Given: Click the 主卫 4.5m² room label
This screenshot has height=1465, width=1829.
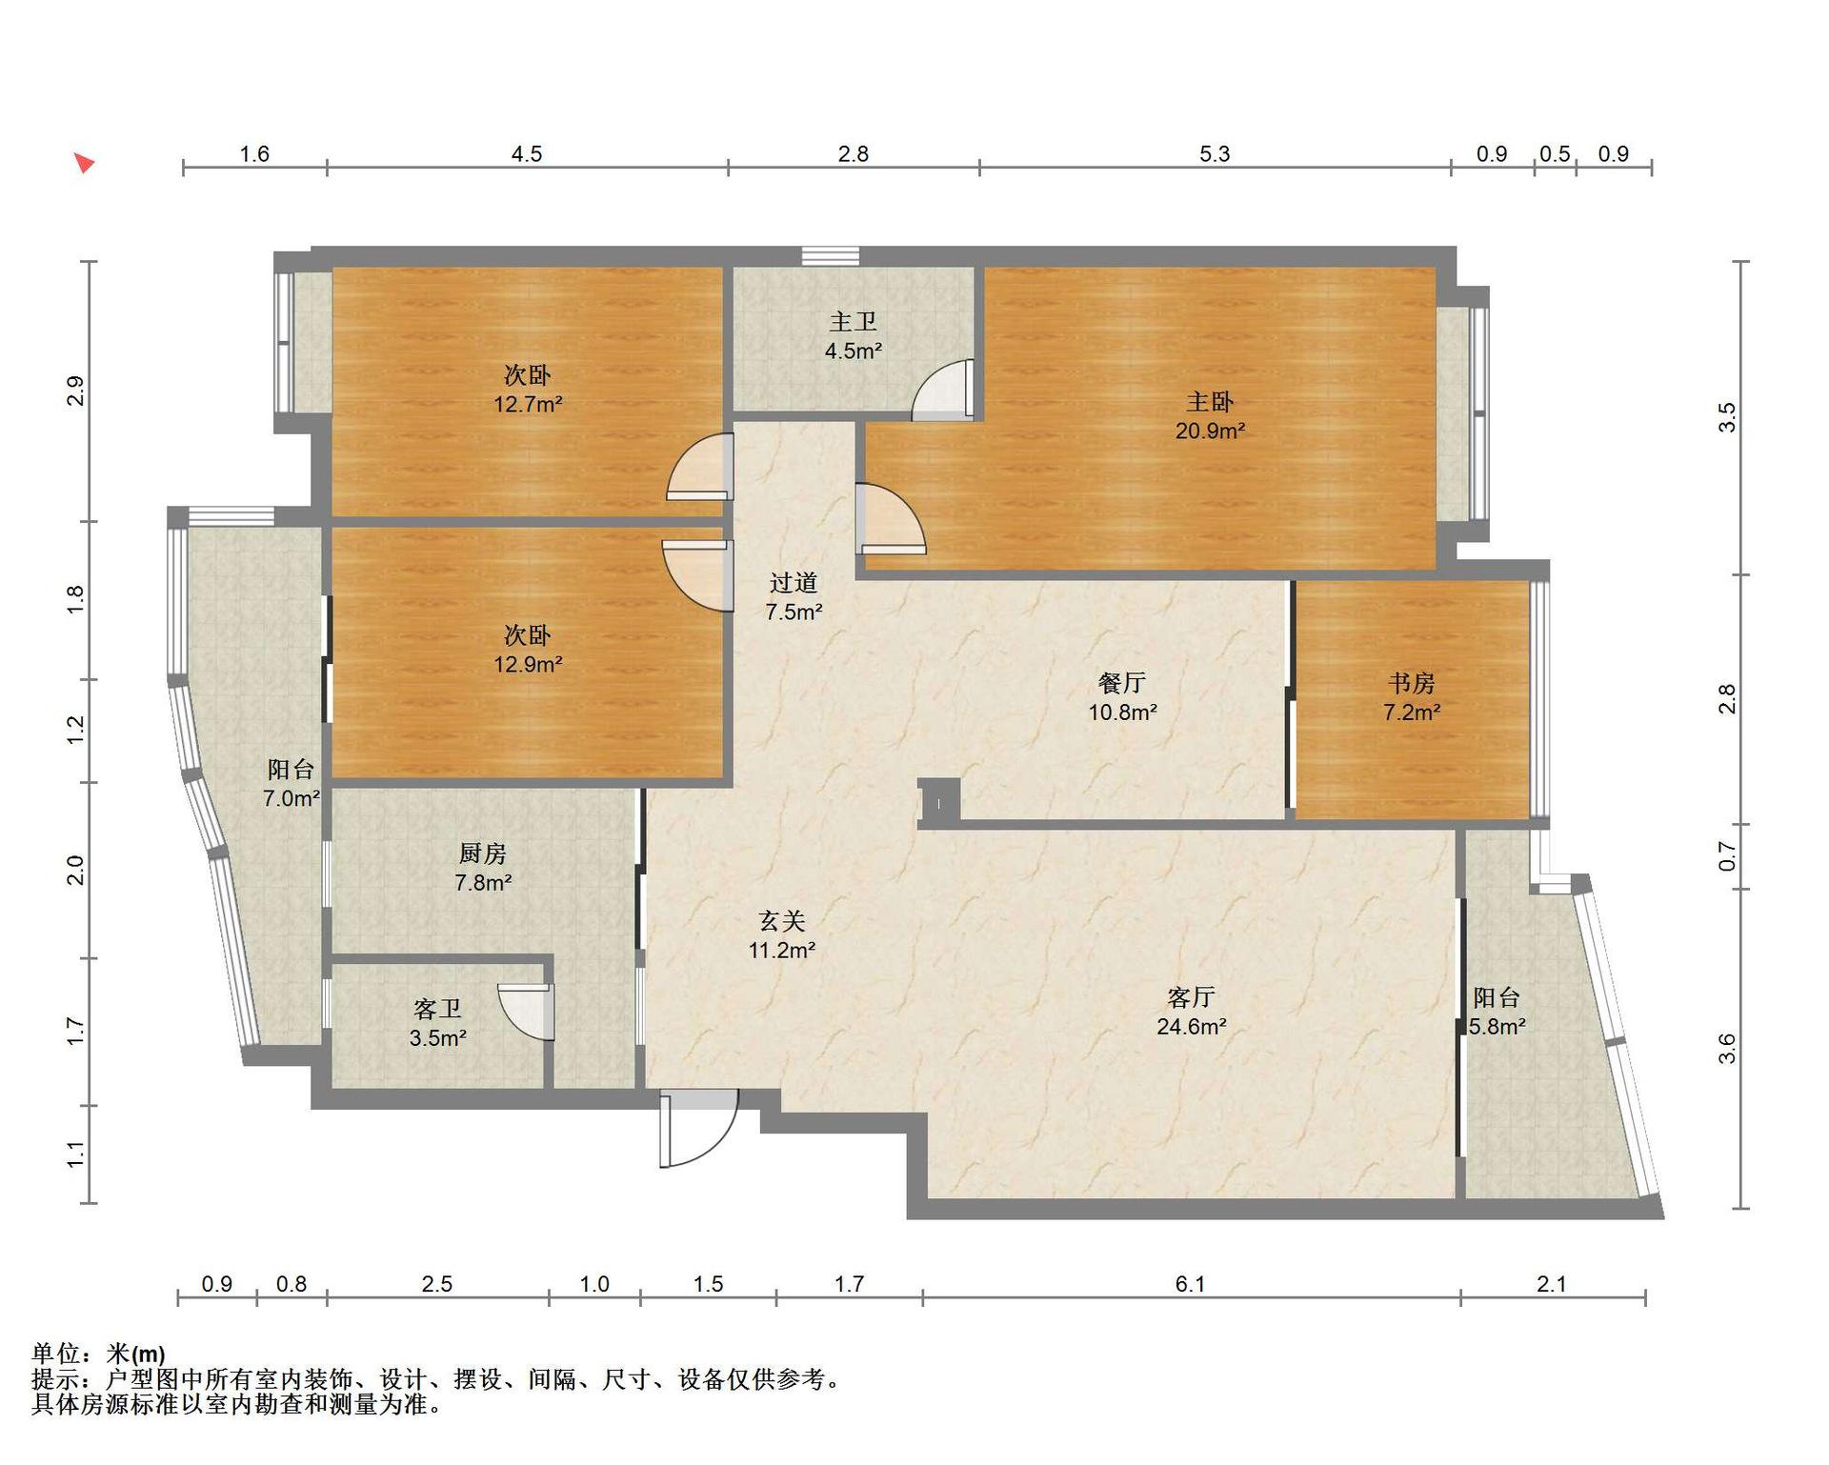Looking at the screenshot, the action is click(853, 336).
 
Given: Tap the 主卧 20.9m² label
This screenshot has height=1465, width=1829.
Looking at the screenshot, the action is click(1210, 416).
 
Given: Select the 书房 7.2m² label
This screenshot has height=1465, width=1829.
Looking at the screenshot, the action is click(1412, 697).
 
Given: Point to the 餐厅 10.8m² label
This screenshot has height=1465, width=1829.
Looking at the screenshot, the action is click(1122, 697).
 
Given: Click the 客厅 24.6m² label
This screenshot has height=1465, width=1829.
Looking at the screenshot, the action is click(1191, 1012).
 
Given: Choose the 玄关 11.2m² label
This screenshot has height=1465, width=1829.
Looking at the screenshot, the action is click(781, 935).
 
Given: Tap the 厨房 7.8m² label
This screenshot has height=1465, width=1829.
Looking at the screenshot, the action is click(483, 868).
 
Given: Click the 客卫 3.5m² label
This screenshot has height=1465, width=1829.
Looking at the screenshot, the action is click(437, 1023).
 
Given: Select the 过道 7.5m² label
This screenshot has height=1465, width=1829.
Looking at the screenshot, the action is click(794, 597).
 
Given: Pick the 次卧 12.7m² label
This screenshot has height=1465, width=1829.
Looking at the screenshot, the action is click(527, 390).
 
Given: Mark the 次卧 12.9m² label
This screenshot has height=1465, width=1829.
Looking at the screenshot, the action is click(527, 650).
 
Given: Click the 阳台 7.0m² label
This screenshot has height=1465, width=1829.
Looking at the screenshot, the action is click(291, 784).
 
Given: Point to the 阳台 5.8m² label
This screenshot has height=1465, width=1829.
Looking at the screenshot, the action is click(1497, 1012).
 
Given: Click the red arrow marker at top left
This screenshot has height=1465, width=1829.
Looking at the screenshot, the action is click(85, 163).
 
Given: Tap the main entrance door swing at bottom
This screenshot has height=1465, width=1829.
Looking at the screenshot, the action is click(699, 1129).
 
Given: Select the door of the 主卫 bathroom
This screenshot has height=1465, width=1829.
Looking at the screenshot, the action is click(943, 390).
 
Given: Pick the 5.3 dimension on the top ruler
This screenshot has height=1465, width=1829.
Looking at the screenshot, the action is click(1215, 154).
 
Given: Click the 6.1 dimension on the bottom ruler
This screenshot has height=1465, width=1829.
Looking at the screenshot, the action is click(1190, 1284).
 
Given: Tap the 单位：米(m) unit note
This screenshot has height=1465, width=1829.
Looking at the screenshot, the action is click(98, 1354).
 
